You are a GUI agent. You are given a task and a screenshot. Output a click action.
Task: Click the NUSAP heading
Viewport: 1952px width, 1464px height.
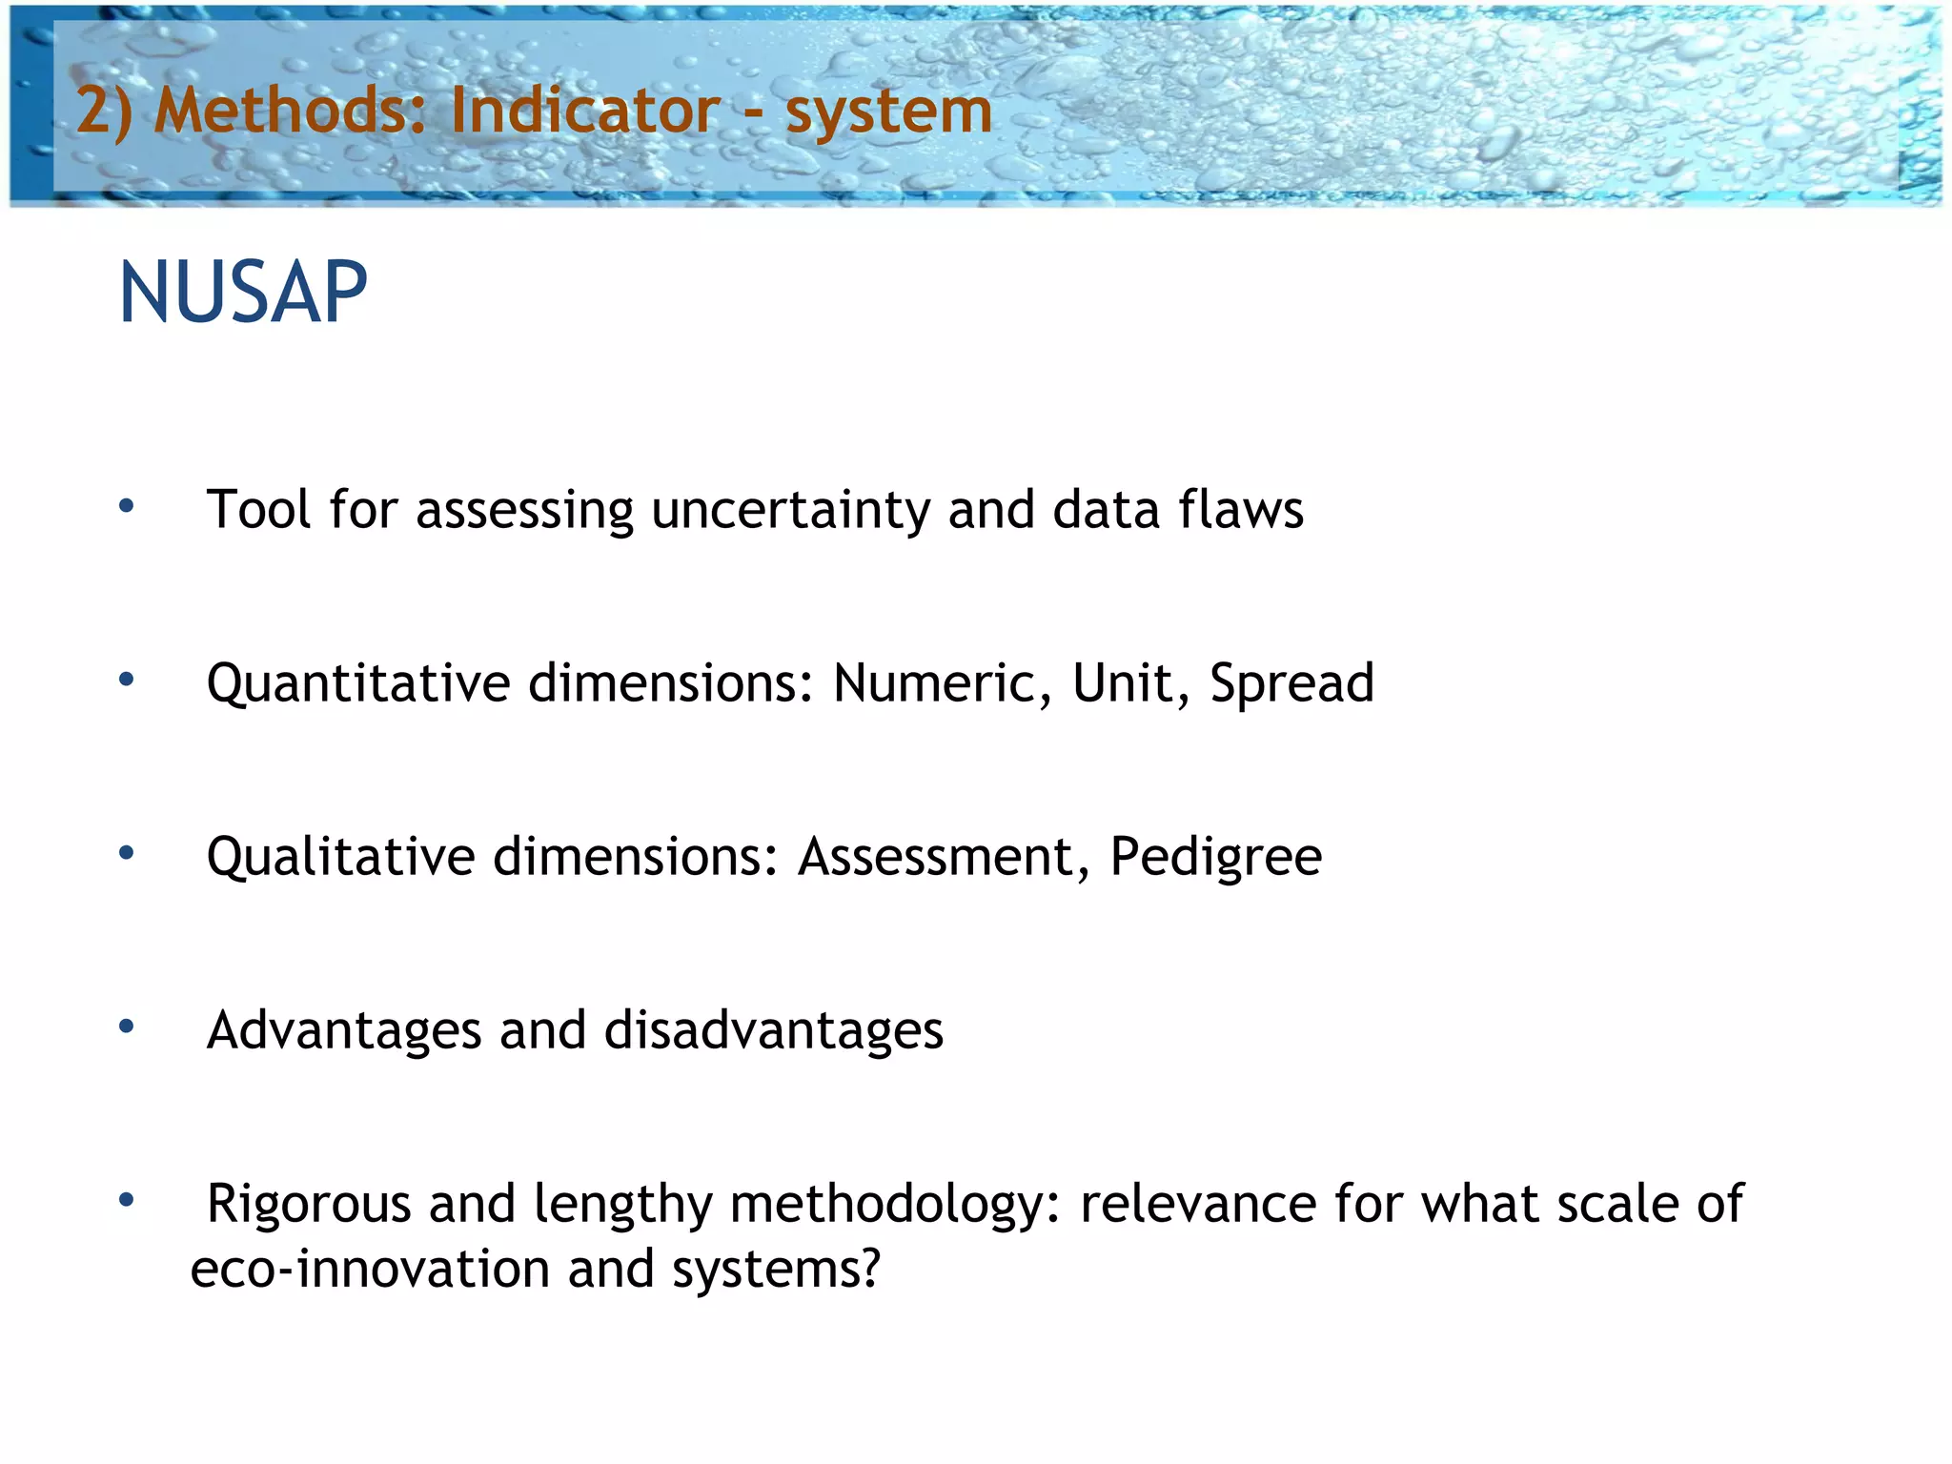243,293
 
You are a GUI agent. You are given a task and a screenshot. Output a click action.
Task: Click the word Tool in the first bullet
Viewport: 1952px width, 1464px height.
258,509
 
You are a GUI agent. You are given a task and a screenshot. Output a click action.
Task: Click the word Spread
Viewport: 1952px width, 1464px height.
1291,683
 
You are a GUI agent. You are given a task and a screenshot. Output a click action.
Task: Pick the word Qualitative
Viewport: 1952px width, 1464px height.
340,857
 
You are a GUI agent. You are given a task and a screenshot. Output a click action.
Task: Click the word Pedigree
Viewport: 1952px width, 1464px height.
1216,857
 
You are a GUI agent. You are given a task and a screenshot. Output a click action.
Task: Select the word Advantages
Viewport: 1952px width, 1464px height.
344,1031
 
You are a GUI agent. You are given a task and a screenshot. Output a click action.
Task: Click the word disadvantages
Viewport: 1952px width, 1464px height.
773,1031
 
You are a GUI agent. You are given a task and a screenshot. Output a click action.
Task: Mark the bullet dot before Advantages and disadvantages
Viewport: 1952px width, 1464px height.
126,1027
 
